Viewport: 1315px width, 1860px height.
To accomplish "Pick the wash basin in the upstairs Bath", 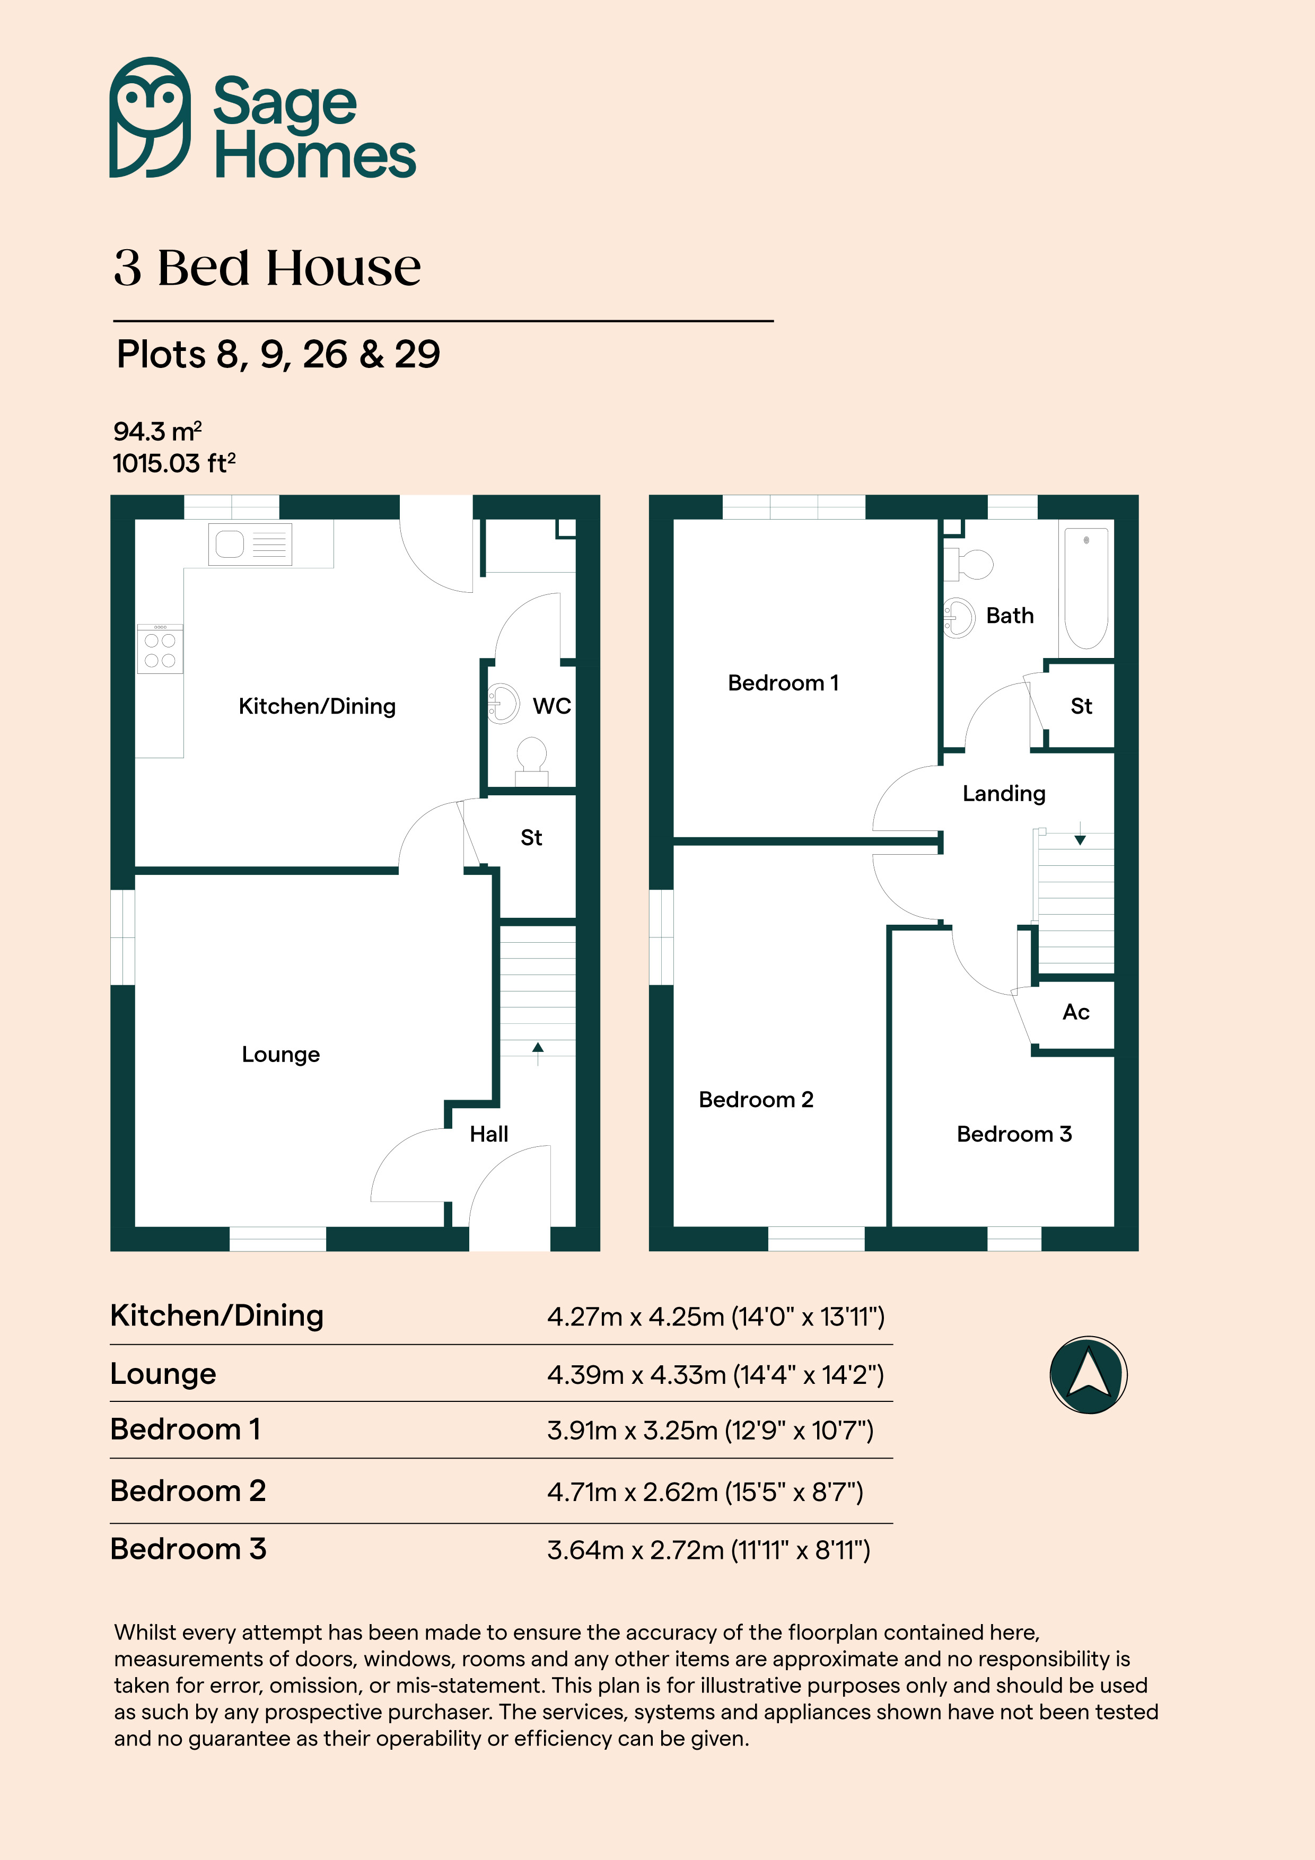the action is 959,618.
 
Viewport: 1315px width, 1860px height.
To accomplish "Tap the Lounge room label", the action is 280,1054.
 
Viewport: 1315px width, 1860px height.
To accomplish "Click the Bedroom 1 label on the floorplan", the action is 783,683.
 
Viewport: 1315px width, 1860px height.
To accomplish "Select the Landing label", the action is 1004,793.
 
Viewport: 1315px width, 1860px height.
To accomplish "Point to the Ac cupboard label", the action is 1076,1012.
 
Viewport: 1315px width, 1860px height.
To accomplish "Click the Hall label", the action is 488,1134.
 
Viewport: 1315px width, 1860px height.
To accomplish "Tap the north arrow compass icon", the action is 1088,1375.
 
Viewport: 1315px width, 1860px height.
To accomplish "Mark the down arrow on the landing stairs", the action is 1080,835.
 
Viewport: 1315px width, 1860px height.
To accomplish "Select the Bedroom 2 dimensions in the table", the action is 705,1491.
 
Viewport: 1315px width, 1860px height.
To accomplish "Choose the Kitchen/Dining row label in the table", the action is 216,1315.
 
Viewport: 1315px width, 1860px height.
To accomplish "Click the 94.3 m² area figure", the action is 157,431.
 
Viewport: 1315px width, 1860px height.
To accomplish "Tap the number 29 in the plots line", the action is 417,354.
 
